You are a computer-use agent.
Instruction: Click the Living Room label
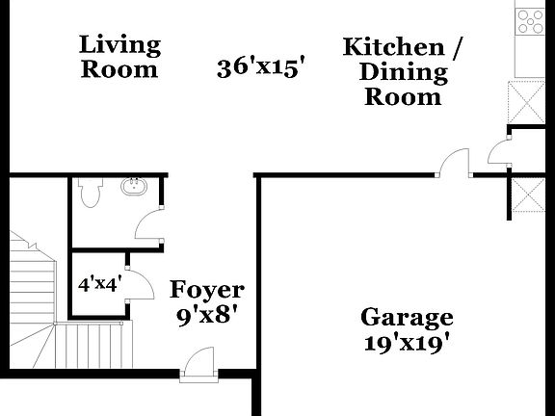point(119,56)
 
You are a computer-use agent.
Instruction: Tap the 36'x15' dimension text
point(260,67)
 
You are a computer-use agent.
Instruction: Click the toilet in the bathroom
point(91,195)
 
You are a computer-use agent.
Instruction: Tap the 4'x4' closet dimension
point(98,284)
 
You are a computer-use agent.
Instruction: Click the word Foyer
point(207,290)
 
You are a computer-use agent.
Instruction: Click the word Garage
point(407,317)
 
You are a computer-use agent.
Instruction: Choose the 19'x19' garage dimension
point(407,341)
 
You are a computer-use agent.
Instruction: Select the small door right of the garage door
point(499,152)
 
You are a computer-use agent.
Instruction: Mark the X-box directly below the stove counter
point(527,100)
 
